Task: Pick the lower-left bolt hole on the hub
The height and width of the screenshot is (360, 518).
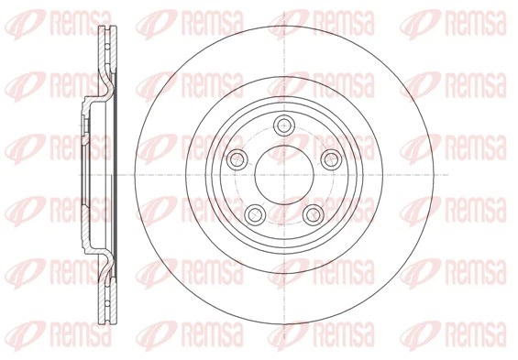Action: click(256, 213)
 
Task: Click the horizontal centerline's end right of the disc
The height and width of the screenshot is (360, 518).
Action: click(446, 174)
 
